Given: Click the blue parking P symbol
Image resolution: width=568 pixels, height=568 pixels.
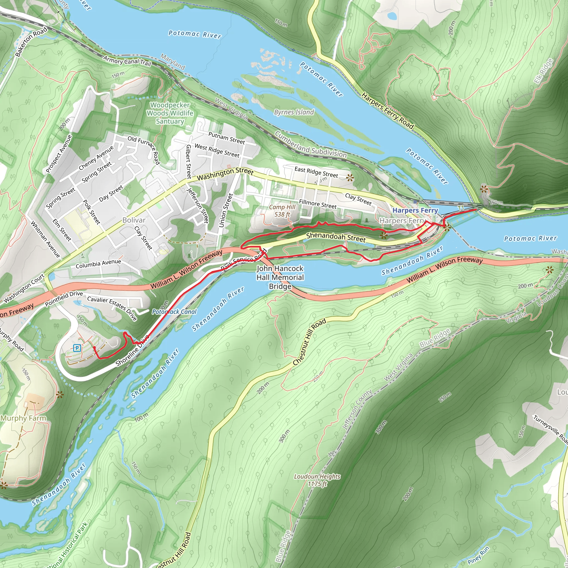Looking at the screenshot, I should pyautogui.click(x=77, y=348).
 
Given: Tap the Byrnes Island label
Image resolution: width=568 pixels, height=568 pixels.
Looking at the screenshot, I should pyautogui.click(x=294, y=112).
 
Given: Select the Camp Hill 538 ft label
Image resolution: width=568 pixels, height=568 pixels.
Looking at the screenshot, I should pyautogui.click(x=282, y=211).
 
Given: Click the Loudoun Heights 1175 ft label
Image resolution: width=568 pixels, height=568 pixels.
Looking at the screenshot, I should pyautogui.click(x=317, y=480).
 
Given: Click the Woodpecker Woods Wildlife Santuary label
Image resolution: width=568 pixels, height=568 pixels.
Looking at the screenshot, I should pyautogui.click(x=170, y=113).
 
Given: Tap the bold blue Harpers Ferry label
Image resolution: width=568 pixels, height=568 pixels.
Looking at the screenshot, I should pyautogui.click(x=415, y=211).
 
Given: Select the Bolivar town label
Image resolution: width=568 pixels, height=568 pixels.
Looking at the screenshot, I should pyautogui.click(x=134, y=220).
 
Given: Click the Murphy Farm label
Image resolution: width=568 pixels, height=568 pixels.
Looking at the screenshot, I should pyautogui.click(x=23, y=418).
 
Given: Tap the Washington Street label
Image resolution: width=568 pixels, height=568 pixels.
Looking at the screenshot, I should pyautogui.click(x=225, y=174).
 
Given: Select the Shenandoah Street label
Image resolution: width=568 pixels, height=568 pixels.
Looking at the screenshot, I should pyautogui.click(x=336, y=237).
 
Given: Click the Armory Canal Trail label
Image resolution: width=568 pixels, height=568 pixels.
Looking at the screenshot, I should pyautogui.click(x=127, y=61).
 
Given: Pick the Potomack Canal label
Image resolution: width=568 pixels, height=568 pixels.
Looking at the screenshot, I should pyautogui.click(x=174, y=312).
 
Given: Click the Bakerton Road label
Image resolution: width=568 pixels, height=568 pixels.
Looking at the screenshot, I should pyautogui.click(x=31, y=41).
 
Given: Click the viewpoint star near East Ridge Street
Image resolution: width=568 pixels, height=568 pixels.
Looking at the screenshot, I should pyautogui.click(x=349, y=177).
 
